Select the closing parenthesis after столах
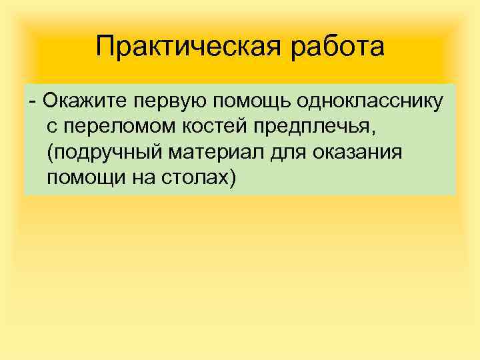click(x=232, y=179)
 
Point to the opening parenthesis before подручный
click(x=51, y=153)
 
